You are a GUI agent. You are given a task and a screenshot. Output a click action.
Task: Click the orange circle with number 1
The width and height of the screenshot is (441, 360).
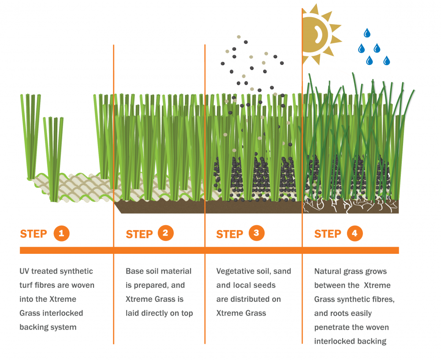61,233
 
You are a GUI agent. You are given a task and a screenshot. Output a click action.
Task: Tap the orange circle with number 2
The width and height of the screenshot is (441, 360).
165,233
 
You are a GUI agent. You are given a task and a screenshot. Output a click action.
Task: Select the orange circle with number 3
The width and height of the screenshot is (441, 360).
256,233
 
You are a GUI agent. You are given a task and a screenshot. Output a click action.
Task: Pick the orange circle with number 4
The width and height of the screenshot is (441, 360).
355,233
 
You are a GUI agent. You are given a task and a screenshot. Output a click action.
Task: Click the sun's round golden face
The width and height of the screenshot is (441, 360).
314,34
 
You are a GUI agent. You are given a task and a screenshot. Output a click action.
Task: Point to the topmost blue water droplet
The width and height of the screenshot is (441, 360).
367,33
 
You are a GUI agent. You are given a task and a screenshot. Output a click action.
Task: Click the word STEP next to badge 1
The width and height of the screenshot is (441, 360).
34,234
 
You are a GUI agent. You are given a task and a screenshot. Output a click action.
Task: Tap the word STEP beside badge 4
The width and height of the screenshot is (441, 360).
328,234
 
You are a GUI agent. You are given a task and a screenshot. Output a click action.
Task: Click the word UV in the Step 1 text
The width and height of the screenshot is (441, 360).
24,271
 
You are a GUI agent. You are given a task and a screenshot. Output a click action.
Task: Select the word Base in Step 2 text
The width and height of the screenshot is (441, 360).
134,271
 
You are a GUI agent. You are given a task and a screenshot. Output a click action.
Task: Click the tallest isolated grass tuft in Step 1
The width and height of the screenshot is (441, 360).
31,136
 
